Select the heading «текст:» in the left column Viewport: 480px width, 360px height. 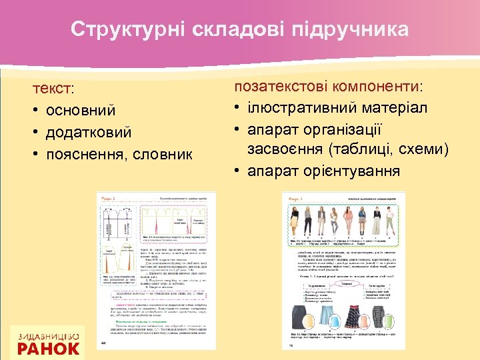coord(55,89)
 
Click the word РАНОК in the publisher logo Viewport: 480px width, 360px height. coord(49,347)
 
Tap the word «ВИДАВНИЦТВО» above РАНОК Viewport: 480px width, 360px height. coord(49,335)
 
